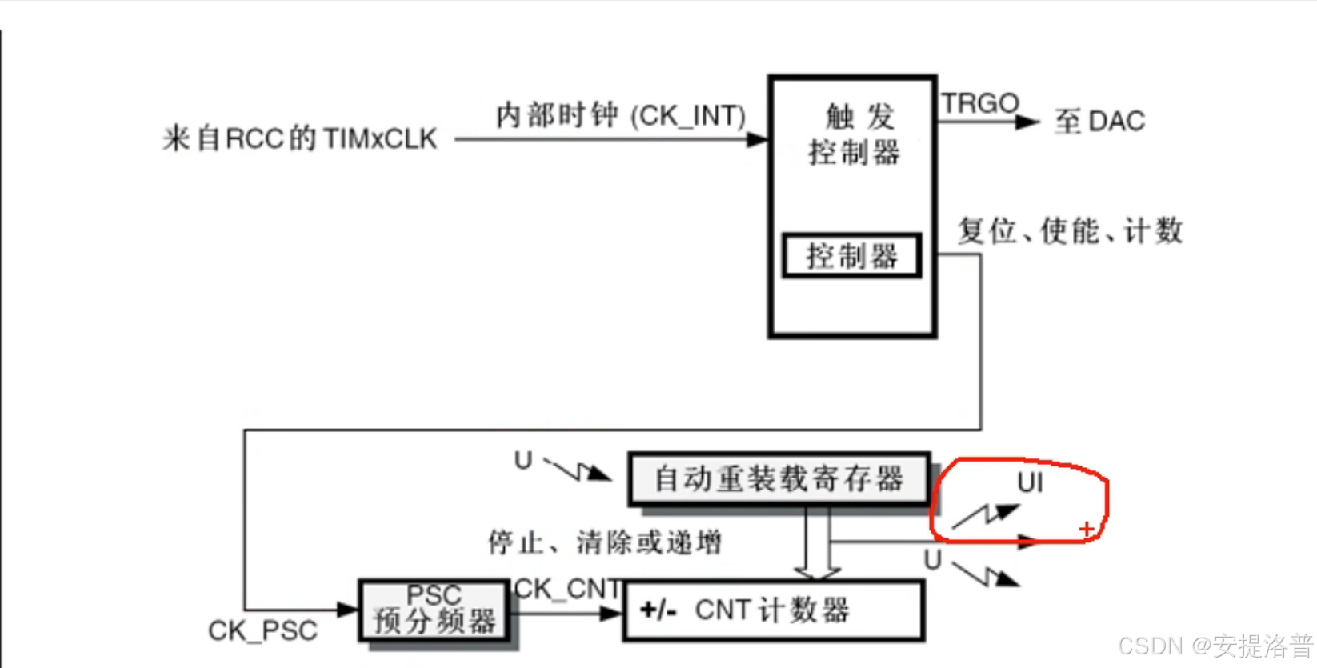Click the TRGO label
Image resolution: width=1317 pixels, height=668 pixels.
click(979, 103)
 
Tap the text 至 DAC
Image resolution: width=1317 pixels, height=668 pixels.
click(1099, 122)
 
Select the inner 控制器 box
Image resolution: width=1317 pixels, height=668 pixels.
click(851, 256)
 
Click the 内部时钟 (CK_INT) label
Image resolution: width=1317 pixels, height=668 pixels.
click(620, 116)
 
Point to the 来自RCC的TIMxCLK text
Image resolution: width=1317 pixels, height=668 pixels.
click(300, 138)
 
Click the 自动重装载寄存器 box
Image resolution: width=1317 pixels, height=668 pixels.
click(779, 479)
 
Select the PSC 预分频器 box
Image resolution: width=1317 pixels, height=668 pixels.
click(434, 610)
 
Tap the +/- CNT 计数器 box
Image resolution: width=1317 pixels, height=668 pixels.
click(773, 611)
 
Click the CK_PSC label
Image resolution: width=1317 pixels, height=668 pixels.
click(262, 631)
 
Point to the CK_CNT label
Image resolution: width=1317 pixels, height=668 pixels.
click(566, 590)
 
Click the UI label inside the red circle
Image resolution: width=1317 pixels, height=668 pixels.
click(1030, 482)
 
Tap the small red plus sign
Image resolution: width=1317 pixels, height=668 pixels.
click(1086, 529)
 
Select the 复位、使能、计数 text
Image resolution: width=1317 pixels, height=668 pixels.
click(1071, 231)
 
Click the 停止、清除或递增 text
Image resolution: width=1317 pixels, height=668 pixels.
click(605, 543)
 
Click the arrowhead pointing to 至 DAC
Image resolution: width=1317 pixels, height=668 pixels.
click(1027, 122)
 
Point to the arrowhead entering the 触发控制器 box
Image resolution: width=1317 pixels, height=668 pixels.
click(757, 140)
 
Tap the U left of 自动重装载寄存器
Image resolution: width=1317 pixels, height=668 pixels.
click(523, 461)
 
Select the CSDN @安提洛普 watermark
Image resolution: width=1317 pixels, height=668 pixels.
click(1215, 646)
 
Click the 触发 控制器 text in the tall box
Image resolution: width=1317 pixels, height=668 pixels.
click(855, 134)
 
